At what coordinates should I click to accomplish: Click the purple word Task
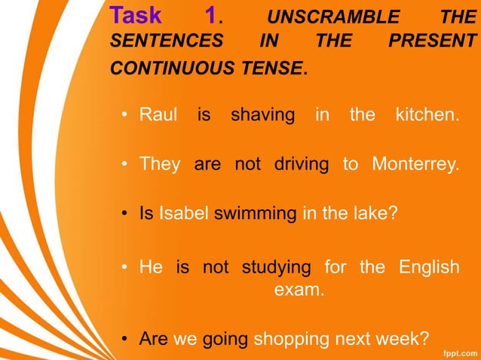(136, 15)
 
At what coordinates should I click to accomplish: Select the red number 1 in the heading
(212, 15)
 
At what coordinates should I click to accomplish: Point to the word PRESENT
(434, 42)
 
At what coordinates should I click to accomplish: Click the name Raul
(158, 115)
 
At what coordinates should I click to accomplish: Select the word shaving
(262, 115)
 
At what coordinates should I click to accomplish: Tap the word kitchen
(427, 115)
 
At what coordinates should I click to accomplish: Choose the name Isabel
(184, 213)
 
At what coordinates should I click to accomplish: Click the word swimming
(256, 214)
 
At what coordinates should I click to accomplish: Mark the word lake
(375, 213)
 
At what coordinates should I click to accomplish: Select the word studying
(276, 267)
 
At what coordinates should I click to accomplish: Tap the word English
(428, 267)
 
